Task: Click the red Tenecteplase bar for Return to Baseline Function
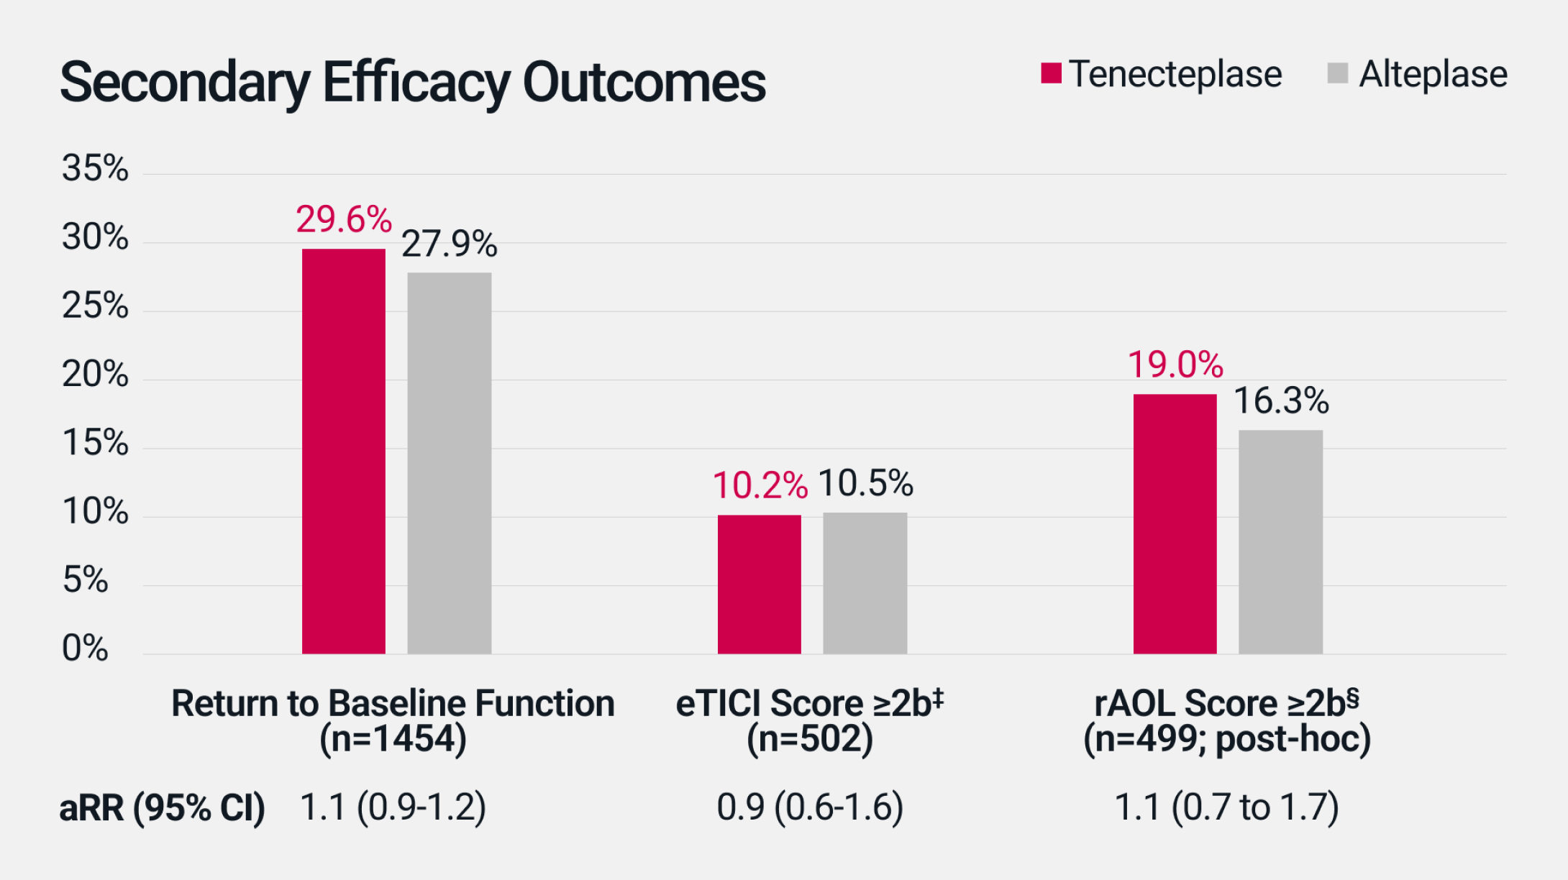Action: point(343,451)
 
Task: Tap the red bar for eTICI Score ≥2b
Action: point(759,584)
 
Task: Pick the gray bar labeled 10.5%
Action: point(865,582)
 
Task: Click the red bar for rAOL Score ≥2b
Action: point(1175,523)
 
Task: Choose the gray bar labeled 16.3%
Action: point(1280,541)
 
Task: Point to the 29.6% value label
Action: point(344,219)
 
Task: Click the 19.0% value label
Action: point(1175,365)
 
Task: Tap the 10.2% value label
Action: point(760,485)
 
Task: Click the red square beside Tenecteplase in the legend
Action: point(1051,73)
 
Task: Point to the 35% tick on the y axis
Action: point(95,169)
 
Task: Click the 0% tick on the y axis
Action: point(85,648)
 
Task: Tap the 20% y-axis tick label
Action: point(95,375)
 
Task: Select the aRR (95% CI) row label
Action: point(162,808)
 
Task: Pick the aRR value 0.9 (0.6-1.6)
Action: point(810,807)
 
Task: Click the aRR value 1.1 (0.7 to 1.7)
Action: point(1226,807)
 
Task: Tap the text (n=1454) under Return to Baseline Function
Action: point(393,739)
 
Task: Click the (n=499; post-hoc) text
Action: point(1226,739)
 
